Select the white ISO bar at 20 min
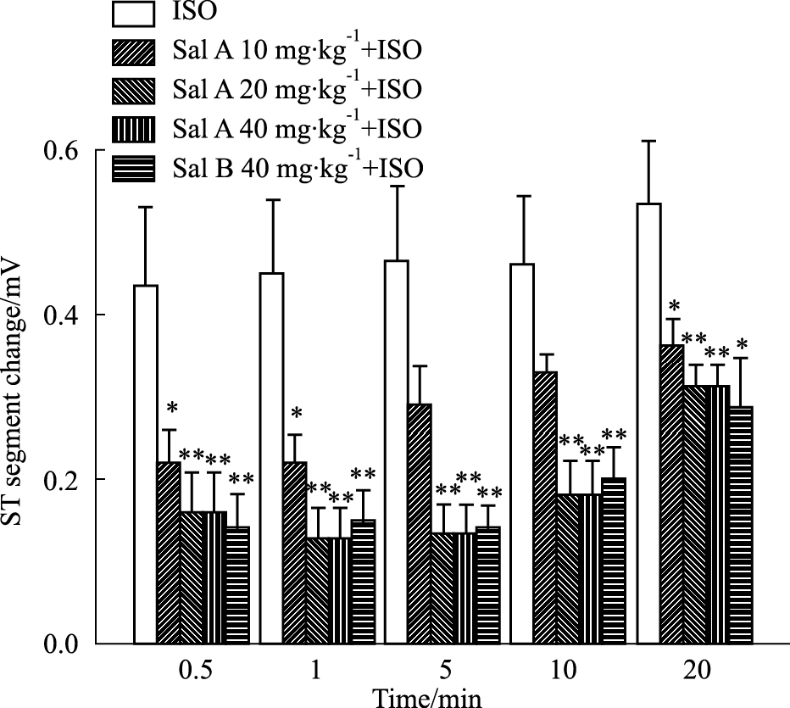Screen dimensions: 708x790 click(649, 424)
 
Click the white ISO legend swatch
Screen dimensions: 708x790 click(133, 14)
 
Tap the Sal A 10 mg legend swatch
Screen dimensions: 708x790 click(133, 53)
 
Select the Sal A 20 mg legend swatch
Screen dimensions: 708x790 click(133, 92)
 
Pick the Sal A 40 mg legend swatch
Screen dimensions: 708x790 click(133, 130)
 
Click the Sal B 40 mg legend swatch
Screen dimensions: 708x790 click(133, 168)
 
